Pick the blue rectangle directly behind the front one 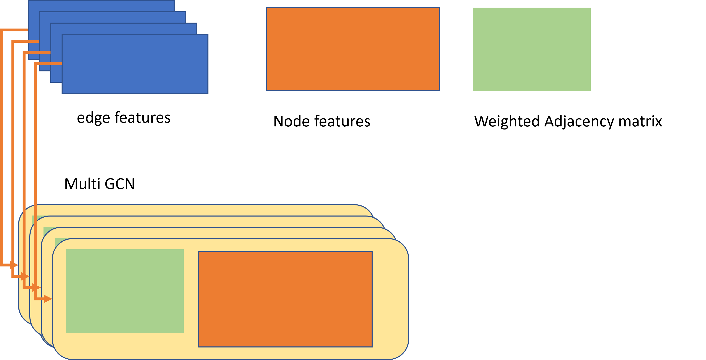point(123,29)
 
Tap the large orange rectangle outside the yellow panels point(353,49)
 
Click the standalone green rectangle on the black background point(532,49)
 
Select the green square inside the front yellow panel point(125,291)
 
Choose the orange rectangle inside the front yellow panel point(285,299)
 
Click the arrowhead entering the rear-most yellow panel point(14,265)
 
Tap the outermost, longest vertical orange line point(1,148)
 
